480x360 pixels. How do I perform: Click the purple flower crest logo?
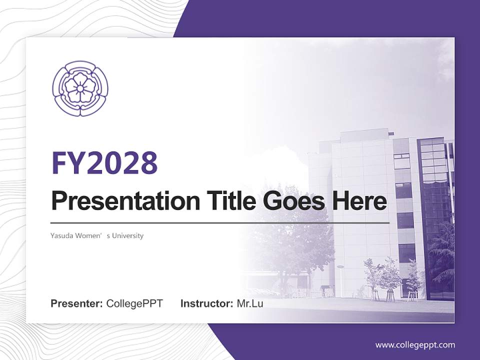[x=80, y=89]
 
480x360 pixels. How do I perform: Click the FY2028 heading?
[x=104, y=163]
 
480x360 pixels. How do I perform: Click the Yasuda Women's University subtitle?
[x=97, y=235]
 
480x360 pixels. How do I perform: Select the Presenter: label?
[x=77, y=303]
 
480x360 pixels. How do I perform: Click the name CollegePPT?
[x=134, y=303]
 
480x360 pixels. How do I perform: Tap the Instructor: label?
[x=206, y=303]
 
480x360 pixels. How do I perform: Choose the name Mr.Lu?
[x=250, y=303]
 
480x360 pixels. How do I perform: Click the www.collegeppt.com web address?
[x=415, y=344]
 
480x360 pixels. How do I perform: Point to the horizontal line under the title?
[x=220, y=222]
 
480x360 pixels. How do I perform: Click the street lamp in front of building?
[x=340, y=280]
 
